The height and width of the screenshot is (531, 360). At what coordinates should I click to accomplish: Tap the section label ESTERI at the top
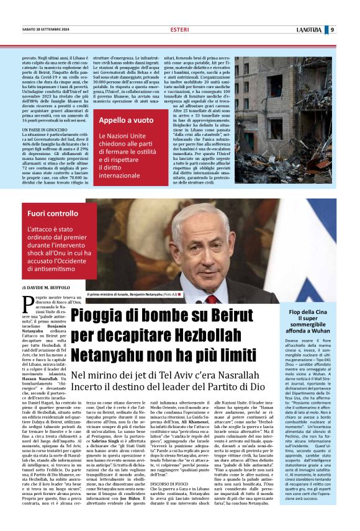pos(179,30)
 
